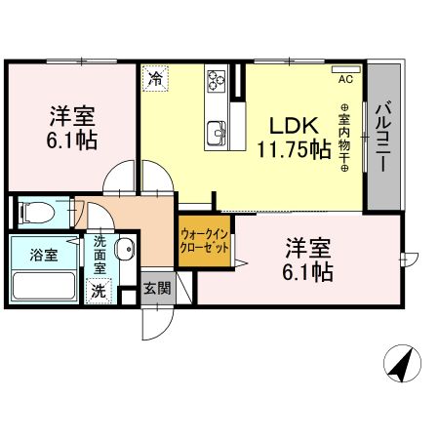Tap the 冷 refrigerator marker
pyautogui.click(x=155, y=79)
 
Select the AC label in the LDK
pyautogui.click(x=345, y=80)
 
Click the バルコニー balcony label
pyautogui.click(x=383, y=137)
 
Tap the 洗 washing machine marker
pyautogui.click(x=99, y=290)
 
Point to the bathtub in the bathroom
pyautogui.click(x=46, y=287)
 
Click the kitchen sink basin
pyautogui.click(x=217, y=128)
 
